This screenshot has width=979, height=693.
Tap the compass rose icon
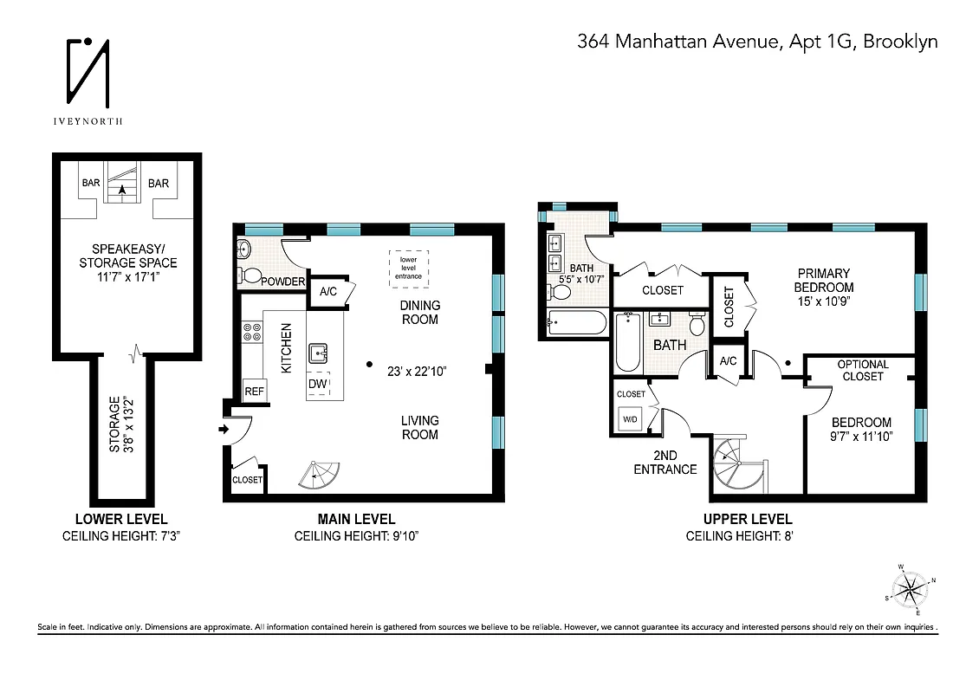coord(909,591)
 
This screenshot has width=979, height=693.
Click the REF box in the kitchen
coord(254,392)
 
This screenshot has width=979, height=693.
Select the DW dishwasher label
coord(318,384)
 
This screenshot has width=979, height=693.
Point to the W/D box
coord(630,420)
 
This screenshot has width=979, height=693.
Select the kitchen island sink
coord(318,353)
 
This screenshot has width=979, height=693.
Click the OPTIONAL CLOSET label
coord(862,370)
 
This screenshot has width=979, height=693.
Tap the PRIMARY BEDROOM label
coord(825,281)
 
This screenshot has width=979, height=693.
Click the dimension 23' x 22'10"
coord(421,370)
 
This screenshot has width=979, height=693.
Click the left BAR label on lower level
coord(90,184)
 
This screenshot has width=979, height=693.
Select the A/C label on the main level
coord(328,292)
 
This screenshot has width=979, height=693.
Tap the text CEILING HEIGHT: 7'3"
coord(120,536)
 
